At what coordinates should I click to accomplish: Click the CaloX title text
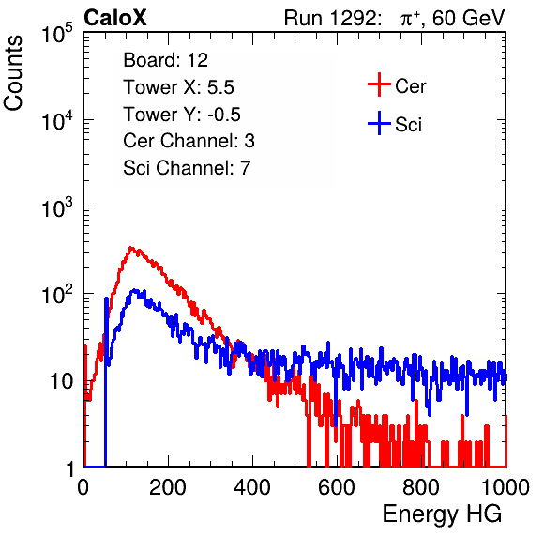[114, 18]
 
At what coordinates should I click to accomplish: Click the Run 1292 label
[330, 18]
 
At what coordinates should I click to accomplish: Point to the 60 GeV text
[468, 18]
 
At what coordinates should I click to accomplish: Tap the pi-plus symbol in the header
[410, 19]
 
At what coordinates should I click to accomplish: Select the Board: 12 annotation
[165, 60]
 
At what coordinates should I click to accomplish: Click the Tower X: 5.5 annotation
[178, 87]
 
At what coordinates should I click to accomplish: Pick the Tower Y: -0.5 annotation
[182, 115]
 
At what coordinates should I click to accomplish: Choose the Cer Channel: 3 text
[189, 141]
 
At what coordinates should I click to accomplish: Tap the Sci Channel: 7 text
[187, 168]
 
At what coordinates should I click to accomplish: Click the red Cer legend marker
[379, 84]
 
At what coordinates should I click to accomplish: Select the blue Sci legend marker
[379, 123]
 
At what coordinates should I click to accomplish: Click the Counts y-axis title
[13, 73]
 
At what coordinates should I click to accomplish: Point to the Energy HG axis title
[442, 514]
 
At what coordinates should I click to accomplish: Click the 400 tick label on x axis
[252, 487]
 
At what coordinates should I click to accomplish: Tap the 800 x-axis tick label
[421, 487]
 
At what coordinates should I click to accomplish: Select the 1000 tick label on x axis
[506, 487]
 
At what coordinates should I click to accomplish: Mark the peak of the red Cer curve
[130, 247]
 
